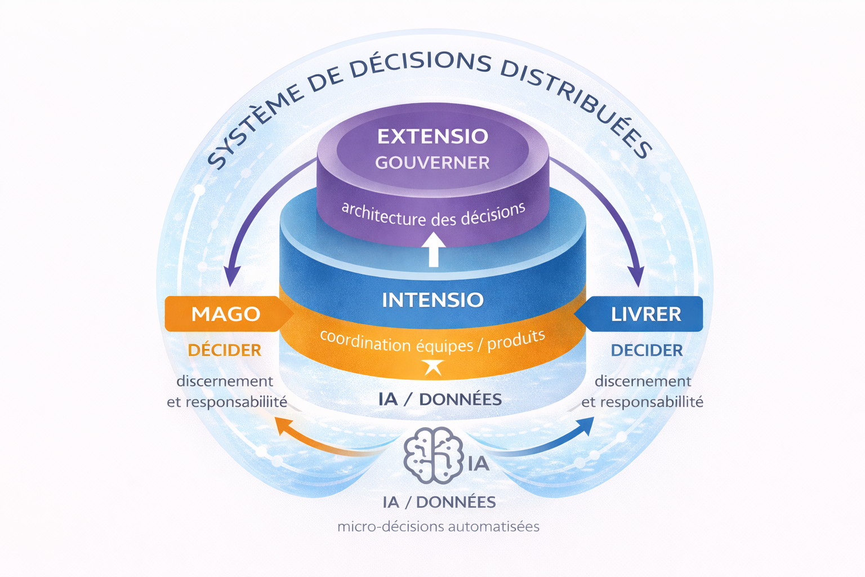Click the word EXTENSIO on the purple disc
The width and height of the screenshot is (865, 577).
433,136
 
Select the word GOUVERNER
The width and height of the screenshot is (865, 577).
432,163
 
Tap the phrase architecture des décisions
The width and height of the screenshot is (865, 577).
433,215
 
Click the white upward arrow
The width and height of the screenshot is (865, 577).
434,249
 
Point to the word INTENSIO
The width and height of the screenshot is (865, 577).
433,300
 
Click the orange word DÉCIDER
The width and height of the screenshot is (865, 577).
225,350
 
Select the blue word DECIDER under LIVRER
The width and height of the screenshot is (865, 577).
647,350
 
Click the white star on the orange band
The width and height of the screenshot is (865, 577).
433,367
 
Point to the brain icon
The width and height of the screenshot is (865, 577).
434,455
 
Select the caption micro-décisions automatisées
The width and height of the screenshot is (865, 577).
438,527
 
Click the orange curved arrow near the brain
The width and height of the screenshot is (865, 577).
328,441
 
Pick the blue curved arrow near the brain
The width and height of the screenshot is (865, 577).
541,441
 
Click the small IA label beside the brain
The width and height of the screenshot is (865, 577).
479,464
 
